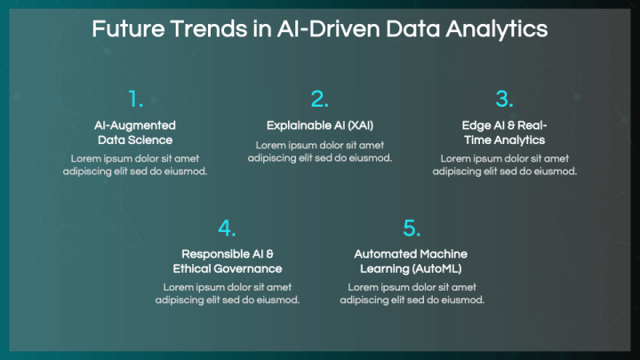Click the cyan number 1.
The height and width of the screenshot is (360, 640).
click(135, 100)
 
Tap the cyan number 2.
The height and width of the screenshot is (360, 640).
click(320, 100)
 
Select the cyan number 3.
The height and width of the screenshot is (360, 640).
click(505, 100)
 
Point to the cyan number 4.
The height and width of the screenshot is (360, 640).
click(227, 228)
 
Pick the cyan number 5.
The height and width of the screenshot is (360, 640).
click(412, 228)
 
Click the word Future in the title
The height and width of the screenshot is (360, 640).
click(128, 29)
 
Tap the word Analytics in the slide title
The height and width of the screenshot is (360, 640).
click(497, 30)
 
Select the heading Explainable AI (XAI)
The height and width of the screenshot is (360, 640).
click(320, 125)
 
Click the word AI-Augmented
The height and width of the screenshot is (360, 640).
click(135, 125)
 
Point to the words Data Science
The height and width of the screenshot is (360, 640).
click(135, 140)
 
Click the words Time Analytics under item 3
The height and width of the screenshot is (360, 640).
click(505, 140)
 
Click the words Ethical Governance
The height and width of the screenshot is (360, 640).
click(228, 268)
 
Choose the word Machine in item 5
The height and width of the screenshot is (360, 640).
click(444, 254)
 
